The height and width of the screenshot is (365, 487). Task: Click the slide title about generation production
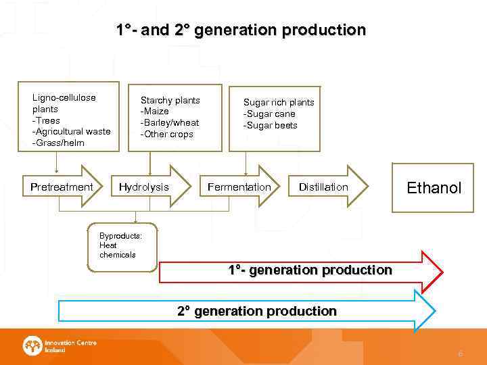[240, 30]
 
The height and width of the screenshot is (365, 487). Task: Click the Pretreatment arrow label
[62, 187]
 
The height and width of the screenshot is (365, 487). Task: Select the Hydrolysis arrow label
[144, 187]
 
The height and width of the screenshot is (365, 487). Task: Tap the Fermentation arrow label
[239, 187]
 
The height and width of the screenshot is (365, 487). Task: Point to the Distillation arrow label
[323, 187]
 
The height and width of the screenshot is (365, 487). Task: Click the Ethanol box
[434, 187]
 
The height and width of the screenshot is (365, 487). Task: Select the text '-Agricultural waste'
[71, 132]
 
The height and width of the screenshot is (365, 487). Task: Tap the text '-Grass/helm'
[58, 143]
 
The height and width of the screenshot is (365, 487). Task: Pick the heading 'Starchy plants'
[170, 100]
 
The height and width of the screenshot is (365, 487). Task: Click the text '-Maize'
[154, 112]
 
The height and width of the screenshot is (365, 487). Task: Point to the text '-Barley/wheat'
[169, 123]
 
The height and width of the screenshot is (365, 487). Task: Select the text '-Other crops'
[166, 135]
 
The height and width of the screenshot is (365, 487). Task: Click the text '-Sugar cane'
[269, 114]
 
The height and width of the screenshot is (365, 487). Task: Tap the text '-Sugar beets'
[271, 126]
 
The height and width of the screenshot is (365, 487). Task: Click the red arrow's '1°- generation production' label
[310, 270]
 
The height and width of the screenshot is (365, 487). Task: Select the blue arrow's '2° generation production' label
[257, 312]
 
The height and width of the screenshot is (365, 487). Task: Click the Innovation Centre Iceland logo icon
[32, 347]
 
